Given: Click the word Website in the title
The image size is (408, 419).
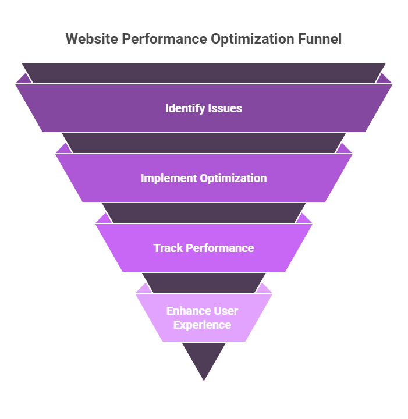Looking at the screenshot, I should [88, 39].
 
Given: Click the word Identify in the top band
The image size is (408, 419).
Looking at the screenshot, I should [183, 108].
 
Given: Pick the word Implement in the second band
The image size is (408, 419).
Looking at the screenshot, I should [169, 178].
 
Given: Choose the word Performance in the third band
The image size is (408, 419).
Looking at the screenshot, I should [218, 248].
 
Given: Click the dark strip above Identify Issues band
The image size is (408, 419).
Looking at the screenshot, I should [204, 73].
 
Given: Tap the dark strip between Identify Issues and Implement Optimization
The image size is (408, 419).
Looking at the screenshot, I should [204, 143].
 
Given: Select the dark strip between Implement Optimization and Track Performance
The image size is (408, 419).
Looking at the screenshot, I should [204, 213].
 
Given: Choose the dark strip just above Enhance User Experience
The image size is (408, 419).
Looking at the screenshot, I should [204, 283].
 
